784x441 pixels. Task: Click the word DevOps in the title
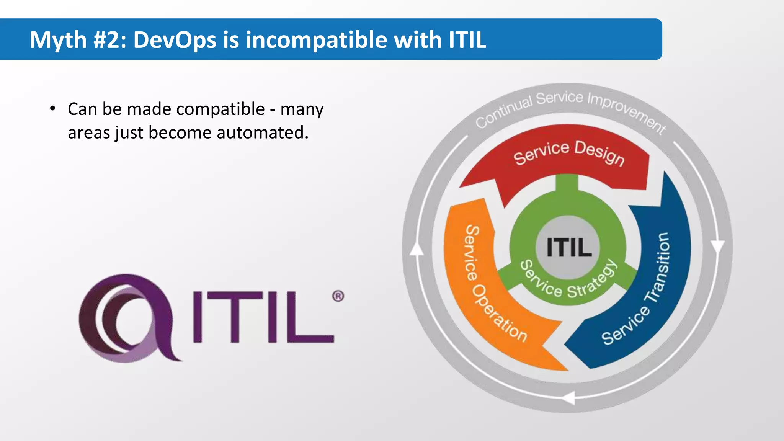(x=175, y=40)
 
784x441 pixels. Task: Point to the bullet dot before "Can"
(x=53, y=109)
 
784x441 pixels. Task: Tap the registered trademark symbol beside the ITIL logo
(x=338, y=296)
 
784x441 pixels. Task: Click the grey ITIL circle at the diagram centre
(x=568, y=247)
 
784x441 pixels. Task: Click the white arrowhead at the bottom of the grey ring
(x=568, y=398)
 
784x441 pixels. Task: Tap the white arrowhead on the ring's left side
(x=416, y=249)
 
